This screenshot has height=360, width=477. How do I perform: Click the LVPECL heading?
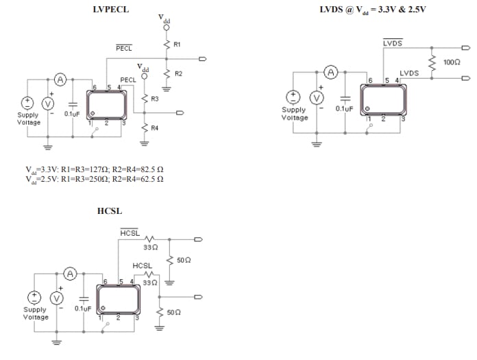[110, 9]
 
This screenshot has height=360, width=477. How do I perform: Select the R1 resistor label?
[177, 45]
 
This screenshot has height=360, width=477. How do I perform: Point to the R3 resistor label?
[155, 99]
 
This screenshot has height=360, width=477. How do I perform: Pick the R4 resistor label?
[155, 128]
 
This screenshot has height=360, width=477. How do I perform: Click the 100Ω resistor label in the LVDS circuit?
[452, 62]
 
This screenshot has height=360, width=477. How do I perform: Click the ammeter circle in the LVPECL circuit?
[60, 80]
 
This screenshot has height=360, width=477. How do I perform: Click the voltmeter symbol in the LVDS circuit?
[317, 97]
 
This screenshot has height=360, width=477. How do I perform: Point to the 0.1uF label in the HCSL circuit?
[82, 309]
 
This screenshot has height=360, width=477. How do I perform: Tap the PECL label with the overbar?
[124, 49]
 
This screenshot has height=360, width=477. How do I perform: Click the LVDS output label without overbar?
[409, 72]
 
